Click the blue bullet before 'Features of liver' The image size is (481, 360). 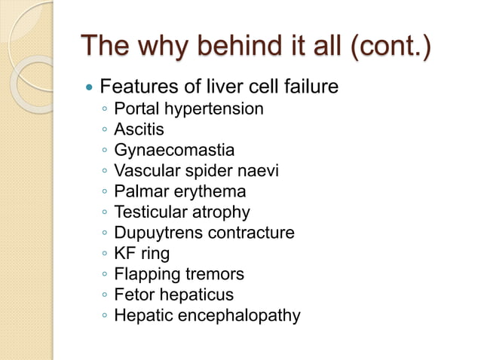[90, 88]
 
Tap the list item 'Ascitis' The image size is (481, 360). [139, 130]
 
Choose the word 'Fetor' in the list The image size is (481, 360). [133, 294]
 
